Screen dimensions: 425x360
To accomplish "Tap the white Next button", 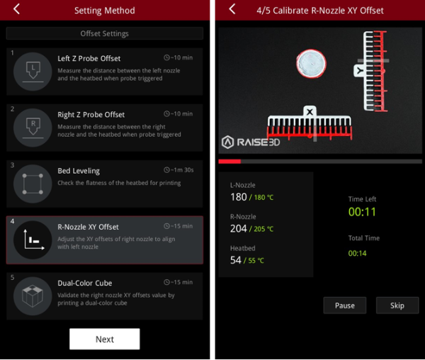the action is pyautogui.click(x=105, y=339).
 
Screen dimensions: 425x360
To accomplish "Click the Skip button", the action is pyautogui.click(x=397, y=305).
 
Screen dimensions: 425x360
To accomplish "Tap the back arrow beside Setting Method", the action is pyautogui.click(x=16, y=9).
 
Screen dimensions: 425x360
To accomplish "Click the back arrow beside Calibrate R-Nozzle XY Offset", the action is pyautogui.click(x=232, y=9).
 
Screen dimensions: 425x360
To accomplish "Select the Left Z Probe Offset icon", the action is pyautogui.click(x=33, y=72).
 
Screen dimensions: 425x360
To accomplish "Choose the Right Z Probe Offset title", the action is pyautogui.click(x=91, y=115).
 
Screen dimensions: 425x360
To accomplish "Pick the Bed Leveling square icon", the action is pyautogui.click(x=33, y=184).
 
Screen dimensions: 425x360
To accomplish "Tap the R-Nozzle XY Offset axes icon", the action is pyautogui.click(x=33, y=240).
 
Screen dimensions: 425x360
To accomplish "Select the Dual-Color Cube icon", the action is pyautogui.click(x=33, y=296).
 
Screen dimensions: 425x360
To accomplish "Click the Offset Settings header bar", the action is pyautogui.click(x=105, y=33).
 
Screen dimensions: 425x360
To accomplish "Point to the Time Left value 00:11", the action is pyautogui.click(x=362, y=212).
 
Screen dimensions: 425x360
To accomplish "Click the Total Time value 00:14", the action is pyautogui.click(x=357, y=253).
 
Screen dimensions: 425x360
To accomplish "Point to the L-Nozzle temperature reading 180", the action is pyautogui.click(x=239, y=197).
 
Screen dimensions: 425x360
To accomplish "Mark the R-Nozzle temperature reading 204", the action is pyautogui.click(x=239, y=228).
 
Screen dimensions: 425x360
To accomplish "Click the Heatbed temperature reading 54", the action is pyautogui.click(x=236, y=260).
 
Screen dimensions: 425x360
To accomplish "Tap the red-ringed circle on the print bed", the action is pyautogui.click(x=311, y=64).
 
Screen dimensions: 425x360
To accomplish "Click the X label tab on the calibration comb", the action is pyautogui.click(x=310, y=111).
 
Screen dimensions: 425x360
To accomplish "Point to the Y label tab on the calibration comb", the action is pyautogui.click(x=360, y=71).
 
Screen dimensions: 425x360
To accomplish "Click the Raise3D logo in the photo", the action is pyautogui.click(x=251, y=142).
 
